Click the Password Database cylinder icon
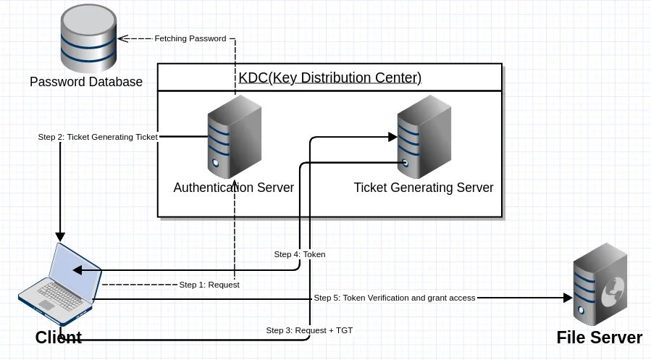tap(88, 38)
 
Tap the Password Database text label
tap(86, 82)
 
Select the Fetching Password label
tap(190, 38)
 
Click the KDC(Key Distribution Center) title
tap(330, 78)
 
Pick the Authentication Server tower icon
tap(235, 137)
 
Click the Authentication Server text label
tap(234, 188)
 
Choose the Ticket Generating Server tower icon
tap(424, 137)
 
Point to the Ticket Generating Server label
tap(424, 188)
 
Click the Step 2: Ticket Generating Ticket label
tap(98, 137)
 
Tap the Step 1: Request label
tap(209, 285)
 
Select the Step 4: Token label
tap(300, 254)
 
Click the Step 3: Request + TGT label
tap(309, 330)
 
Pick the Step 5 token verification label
tap(395, 298)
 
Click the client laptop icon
tap(60, 284)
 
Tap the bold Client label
tap(59, 338)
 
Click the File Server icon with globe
tap(600, 285)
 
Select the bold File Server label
tap(600, 338)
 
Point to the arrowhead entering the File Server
tap(568, 298)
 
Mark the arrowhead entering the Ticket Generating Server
tap(392, 137)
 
